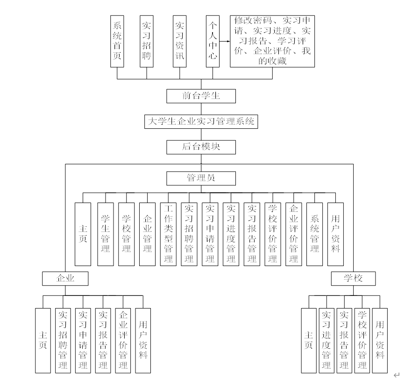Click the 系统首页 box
pos(117,41)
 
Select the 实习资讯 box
pos(179,41)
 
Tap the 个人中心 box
pos(213,41)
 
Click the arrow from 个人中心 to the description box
pos(225,41)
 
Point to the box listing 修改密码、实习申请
pos(273,41)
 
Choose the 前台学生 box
pos(201,96)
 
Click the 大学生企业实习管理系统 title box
pos(201,122)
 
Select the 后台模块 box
pos(201,147)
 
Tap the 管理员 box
pos(201,178)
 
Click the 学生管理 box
pos(106,234)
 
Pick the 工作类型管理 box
pos(168,234)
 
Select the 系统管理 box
pos(315,234)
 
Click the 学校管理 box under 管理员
pos(126,234)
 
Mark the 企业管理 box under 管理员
pos(147,234)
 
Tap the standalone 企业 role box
pos(65,279)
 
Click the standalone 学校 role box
pos(353,279)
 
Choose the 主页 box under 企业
pos(43,341)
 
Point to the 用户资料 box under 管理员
pos(335,234)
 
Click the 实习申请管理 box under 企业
pos(83,341)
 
